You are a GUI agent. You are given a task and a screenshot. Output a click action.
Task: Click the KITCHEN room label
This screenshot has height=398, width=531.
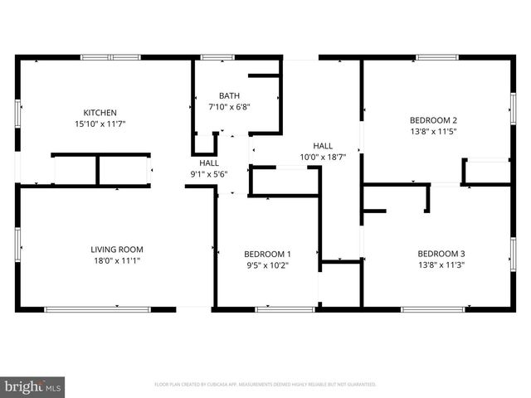pos(100,113)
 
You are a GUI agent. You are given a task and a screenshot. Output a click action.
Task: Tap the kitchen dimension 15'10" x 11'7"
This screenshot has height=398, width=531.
pos(100,124)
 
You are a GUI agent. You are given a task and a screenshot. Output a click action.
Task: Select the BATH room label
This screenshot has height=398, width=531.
pos(229,95)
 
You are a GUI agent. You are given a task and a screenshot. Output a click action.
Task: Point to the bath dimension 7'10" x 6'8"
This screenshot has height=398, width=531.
pos(229,106)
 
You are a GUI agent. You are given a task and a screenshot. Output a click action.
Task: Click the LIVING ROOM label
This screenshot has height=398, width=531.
pos(117,249)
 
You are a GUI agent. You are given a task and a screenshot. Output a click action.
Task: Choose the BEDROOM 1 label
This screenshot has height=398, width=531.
pos(267,254)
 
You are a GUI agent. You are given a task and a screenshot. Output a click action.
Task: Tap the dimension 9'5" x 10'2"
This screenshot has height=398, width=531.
pos(267,265)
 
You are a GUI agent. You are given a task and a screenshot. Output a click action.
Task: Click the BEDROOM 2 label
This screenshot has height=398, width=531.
pos(434,119)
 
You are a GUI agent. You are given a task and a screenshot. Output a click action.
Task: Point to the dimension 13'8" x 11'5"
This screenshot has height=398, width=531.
pos(434,130)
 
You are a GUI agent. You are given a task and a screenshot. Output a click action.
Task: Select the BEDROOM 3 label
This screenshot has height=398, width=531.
pos(441,254)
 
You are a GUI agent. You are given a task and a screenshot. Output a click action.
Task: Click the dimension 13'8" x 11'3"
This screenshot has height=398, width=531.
pos(441,265)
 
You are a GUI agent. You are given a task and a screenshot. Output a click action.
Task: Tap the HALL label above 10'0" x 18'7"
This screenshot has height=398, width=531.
pos(323,145)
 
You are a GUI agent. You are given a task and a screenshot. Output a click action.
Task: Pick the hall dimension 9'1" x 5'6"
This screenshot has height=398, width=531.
pos(208,174)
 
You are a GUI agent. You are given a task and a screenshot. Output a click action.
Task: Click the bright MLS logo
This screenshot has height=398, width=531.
pos(33,386)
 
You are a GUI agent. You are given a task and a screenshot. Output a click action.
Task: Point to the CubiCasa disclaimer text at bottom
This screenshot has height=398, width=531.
pos(265,385)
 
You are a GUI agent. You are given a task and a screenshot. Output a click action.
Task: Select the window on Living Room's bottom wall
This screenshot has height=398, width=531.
pos(97,309)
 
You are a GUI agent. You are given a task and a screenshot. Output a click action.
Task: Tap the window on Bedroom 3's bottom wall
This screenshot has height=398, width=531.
pos(432,309)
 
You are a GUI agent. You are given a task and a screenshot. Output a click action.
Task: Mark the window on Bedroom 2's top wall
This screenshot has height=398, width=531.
pos(437,57)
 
